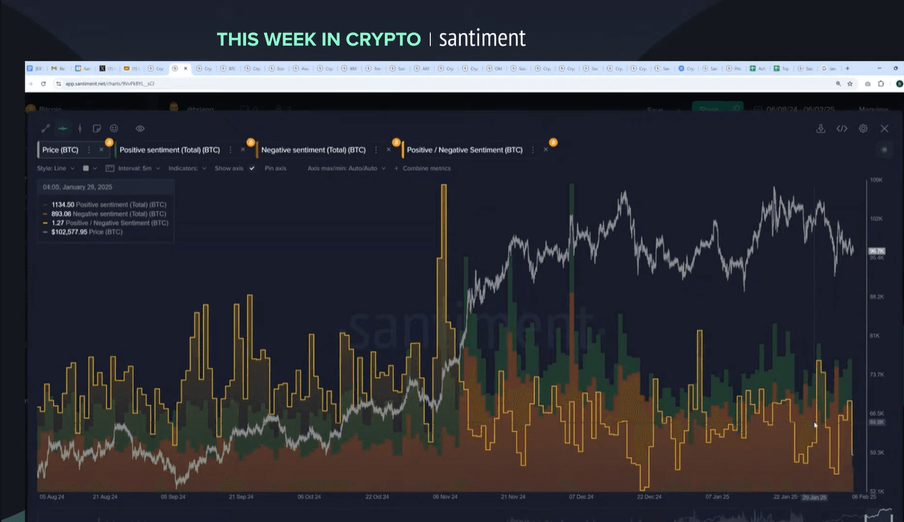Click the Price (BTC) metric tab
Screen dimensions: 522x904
point(60,150)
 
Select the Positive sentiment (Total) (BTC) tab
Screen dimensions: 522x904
point(170,150)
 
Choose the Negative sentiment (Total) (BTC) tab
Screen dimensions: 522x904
point(314,150)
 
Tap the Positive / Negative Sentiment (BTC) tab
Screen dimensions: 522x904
point(465,150)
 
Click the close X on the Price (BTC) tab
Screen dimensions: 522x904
point(101,150)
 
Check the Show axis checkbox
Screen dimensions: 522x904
point(252,169)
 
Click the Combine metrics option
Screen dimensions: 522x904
point(426,169)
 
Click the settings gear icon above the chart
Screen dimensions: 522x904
point(863,129)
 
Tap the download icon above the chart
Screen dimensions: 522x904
point(821,129)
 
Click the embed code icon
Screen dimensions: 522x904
point(842,129)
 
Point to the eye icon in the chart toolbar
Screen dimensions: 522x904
point(140,129)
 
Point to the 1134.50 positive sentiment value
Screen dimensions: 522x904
point(63,205)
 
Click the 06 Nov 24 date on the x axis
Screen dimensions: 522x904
point(445,497)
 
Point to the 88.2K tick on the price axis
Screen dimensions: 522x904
point(876,297)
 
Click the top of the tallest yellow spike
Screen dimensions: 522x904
point(444,186)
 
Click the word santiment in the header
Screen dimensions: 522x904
point(482,39)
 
